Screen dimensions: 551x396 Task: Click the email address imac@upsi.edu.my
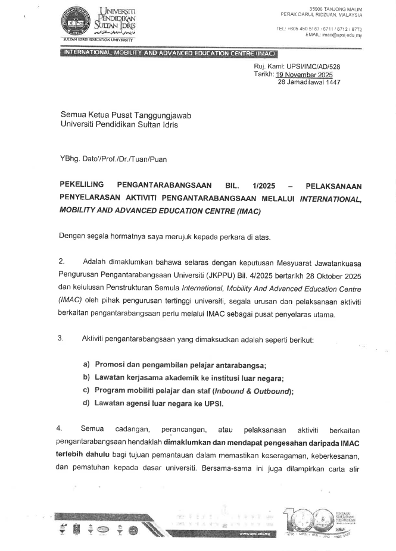coord(341,35)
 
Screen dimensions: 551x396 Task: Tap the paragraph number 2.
coord(61,261)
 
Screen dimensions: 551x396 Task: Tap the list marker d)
coord(86,403)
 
